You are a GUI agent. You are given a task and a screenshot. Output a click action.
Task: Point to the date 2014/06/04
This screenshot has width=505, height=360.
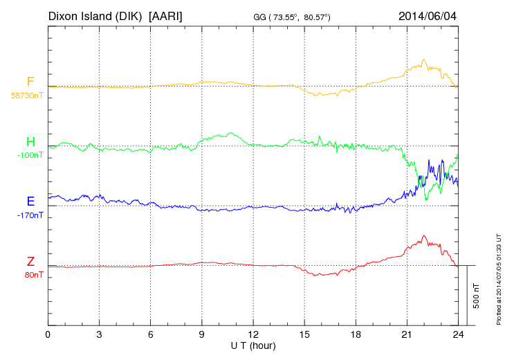click(x=427, y=15)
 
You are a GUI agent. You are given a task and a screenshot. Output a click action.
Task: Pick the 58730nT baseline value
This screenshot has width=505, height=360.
click(x=27, y=96)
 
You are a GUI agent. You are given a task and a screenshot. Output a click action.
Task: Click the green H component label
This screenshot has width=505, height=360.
click(x=30, y=142)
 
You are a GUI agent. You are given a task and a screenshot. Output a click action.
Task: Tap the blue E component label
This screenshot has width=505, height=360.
click(x=30, y=201)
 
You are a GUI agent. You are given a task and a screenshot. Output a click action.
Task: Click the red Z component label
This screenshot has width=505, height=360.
click(x=30, y=262)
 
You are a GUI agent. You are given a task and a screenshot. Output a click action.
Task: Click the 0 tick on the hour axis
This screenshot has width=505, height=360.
click(x=48, y=334)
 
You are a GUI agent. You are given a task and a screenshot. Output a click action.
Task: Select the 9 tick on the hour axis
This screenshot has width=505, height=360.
click(x=202, y=334)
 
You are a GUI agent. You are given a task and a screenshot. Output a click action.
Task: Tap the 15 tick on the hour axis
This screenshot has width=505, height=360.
click(x=304, y=334)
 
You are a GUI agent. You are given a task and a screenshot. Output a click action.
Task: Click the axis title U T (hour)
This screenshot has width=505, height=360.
click(x=253, y=345)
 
